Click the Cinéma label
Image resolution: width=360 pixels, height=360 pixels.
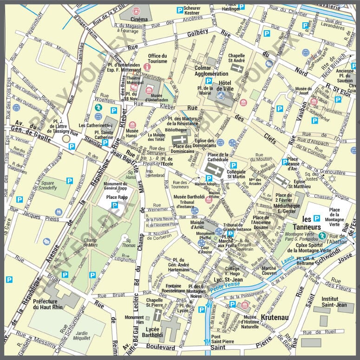point(139,19)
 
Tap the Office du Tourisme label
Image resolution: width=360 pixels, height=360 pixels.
point(157,59)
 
